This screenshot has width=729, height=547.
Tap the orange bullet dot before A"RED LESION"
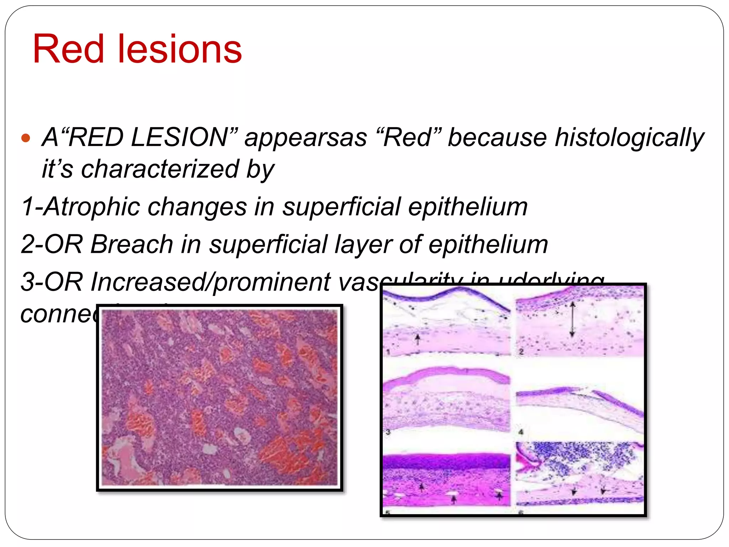(26, 138)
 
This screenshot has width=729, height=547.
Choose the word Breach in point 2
(131, 245)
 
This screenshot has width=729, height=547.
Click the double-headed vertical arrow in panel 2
(572, 319)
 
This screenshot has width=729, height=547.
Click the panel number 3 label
(388, 432)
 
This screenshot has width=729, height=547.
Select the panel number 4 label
(521, 432)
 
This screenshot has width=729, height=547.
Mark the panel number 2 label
(521, 352)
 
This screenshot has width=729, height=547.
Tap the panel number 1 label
(388, 352)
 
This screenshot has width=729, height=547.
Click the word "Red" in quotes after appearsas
(408, 137)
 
